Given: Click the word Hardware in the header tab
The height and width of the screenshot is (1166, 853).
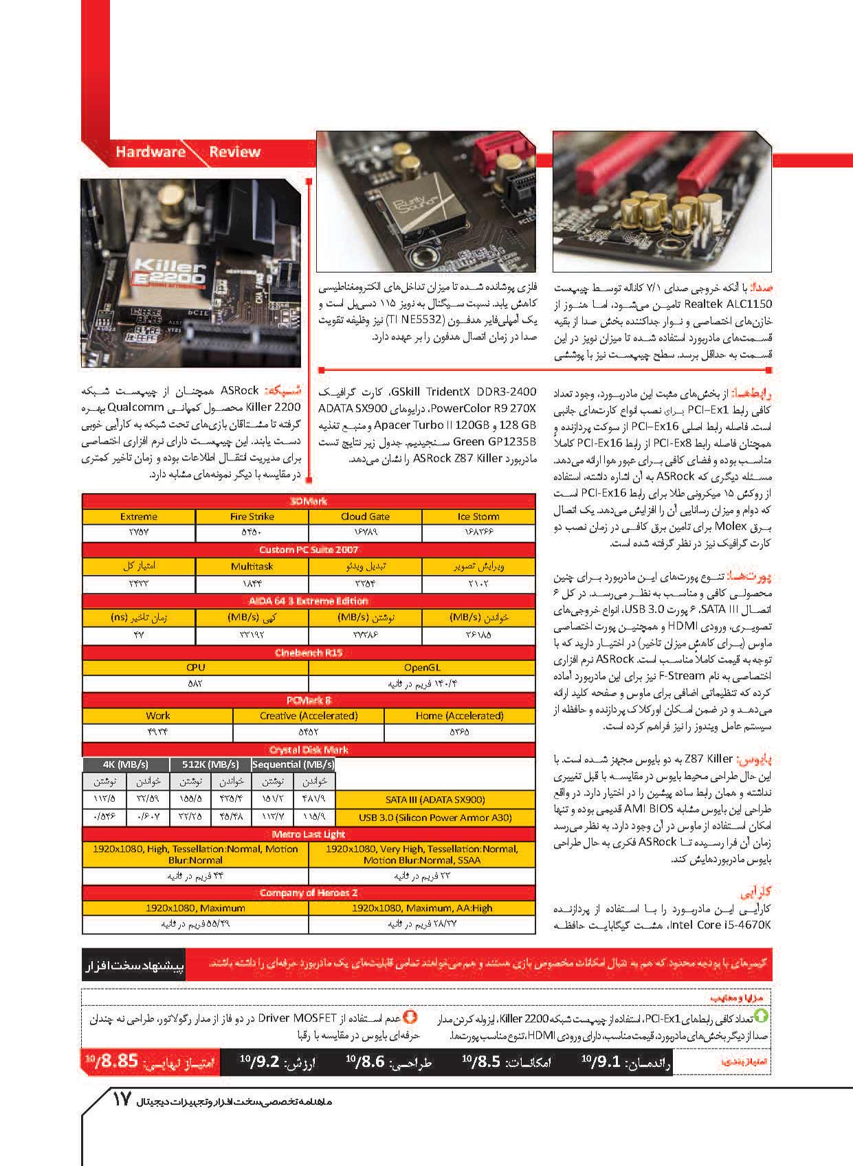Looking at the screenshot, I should coord(150,152).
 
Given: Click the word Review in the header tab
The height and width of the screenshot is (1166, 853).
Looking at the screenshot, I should coord(235,152).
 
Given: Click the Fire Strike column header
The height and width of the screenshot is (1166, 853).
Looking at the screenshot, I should coord(252,517).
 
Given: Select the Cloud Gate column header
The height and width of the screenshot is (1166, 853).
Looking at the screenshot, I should coord(365,517).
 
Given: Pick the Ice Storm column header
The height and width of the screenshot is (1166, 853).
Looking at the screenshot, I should coord(478,517).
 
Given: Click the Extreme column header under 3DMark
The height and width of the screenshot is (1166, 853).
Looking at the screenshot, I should coord(139,517).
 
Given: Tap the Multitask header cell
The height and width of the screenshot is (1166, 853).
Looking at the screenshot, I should coord(252,567).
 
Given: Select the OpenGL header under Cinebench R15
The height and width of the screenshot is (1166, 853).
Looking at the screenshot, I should coord(422,667).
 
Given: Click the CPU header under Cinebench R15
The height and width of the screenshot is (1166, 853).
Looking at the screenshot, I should coord(196,667).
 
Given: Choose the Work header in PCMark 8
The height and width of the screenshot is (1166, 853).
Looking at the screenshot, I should coord(158,715).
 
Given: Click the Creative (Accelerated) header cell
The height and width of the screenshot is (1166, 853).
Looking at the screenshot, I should coord(309,715).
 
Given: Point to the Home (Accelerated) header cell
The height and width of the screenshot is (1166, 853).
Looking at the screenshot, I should coord(460,715).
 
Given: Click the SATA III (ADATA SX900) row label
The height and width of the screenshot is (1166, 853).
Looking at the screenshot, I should coord(435,800).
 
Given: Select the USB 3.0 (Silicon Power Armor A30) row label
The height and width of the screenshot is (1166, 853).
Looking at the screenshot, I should coord(435,818).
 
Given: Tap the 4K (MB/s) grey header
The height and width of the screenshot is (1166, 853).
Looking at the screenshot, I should coord(125,765).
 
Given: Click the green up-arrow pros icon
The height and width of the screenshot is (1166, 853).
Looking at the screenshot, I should coord(762,1016).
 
